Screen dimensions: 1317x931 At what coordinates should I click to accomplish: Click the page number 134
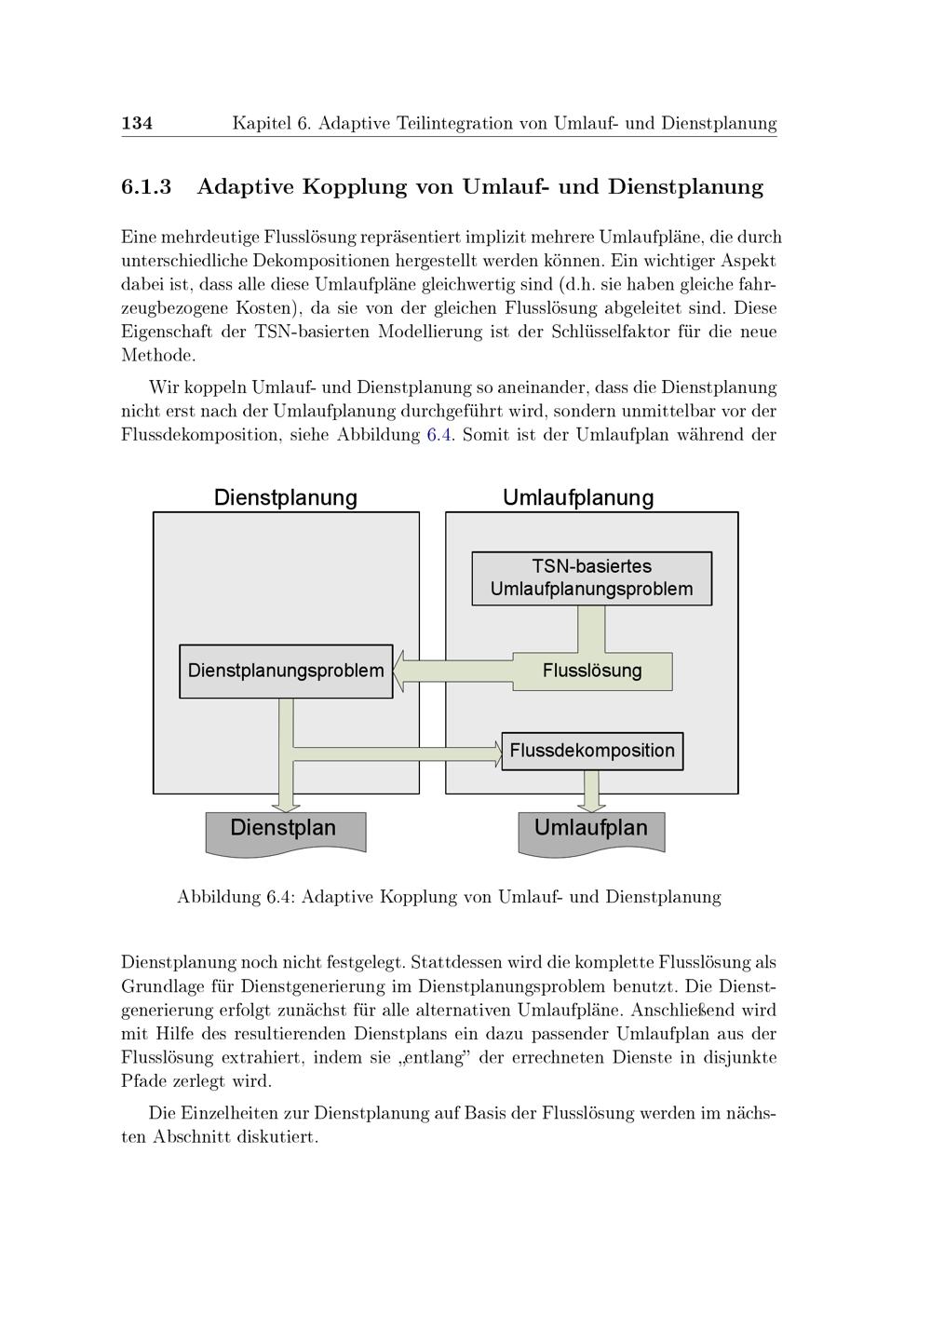(137, 123)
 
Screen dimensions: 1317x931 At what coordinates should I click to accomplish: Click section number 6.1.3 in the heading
(146, 187)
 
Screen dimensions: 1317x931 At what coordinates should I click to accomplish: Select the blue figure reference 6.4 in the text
(439, 435)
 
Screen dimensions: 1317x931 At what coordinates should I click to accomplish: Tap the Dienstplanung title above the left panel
(286, 497)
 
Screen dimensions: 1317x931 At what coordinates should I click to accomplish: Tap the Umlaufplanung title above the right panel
(578, 497)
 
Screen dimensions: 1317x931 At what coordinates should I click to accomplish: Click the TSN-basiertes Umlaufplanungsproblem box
(591, 578)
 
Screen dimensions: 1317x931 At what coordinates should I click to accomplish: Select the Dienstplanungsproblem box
(286, 671)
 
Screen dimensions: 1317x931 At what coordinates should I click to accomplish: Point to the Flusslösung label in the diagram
(592, 671)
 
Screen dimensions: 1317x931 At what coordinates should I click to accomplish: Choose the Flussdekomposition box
(592, 751)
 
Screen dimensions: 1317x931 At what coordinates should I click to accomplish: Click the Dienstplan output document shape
(285, 830)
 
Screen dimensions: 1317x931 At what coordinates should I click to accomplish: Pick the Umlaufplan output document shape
(591, 830)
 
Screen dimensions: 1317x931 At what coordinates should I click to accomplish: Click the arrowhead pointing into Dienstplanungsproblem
(401, 672)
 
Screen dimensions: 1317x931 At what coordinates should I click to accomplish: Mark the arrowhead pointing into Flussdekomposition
(494, 751)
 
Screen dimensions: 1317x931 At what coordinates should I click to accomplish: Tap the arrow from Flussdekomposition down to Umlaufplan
(590, 790)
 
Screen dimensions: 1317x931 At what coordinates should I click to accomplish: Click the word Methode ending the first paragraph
(158, 356)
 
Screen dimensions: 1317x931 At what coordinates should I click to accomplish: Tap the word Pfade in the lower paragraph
(143, 1081)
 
